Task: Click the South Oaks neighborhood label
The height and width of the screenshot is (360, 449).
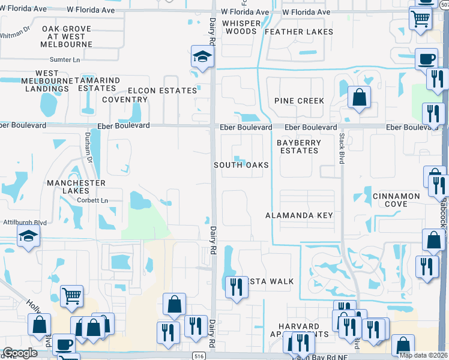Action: coord(241,165)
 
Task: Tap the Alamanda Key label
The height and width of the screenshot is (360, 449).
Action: coord(300,215)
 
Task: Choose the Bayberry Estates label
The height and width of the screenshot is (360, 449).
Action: coord(299,146)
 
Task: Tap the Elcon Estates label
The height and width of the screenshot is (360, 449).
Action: coord(161,91)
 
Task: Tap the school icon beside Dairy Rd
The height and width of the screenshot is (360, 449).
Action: coord(203,57)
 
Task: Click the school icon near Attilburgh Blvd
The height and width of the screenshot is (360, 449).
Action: coord(28,238)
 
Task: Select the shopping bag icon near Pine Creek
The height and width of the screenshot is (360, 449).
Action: coord(359,98)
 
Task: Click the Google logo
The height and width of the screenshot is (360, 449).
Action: coord(20,353)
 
